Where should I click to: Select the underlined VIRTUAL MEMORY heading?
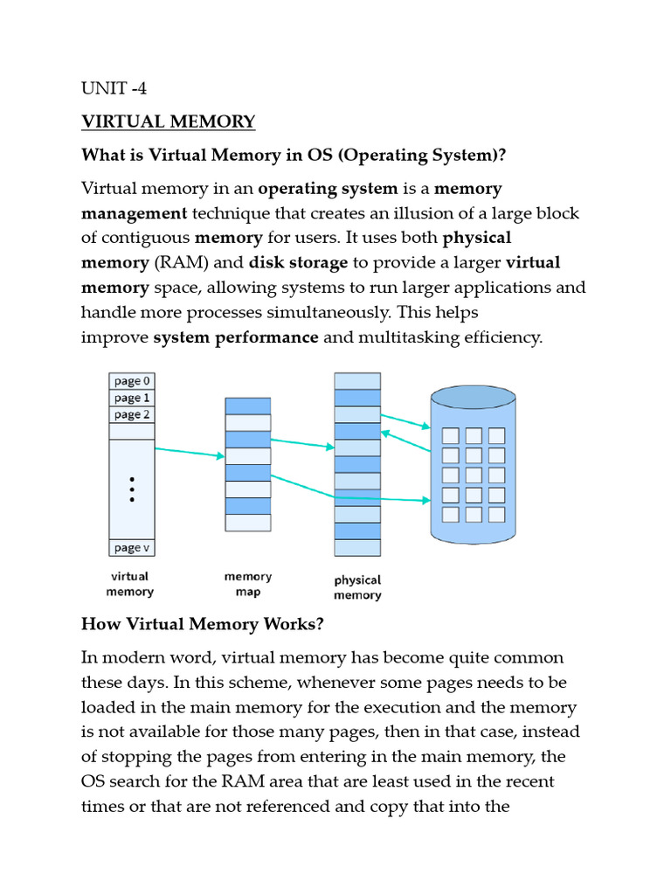[168, 121]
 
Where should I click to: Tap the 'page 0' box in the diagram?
[132, 381]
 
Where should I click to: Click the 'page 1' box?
[132, 398]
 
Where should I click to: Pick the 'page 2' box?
[132, 414]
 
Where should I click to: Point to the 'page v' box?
[132, 548]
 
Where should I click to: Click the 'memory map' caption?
[248, 584]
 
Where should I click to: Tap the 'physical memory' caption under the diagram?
[357, 587]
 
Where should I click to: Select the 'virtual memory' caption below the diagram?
[130, 584]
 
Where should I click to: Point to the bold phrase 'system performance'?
[236, 337]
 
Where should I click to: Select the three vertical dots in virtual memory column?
[132, 489]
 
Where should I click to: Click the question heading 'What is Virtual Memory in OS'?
[294, 155]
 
